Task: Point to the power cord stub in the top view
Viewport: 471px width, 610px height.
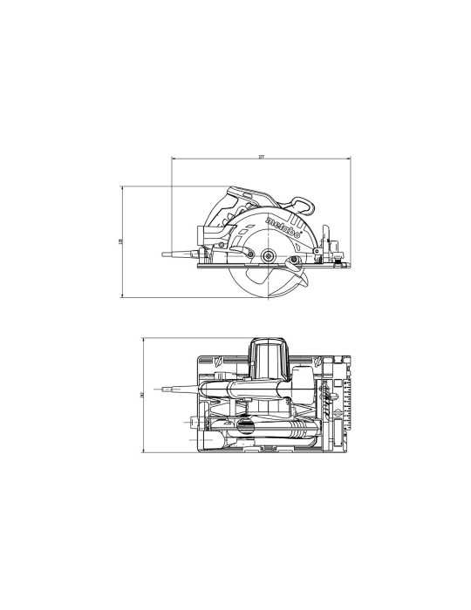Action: (173, 387)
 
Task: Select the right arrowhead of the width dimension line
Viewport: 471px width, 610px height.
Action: (351, 159)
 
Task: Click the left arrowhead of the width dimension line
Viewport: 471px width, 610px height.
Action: (173, 159)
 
